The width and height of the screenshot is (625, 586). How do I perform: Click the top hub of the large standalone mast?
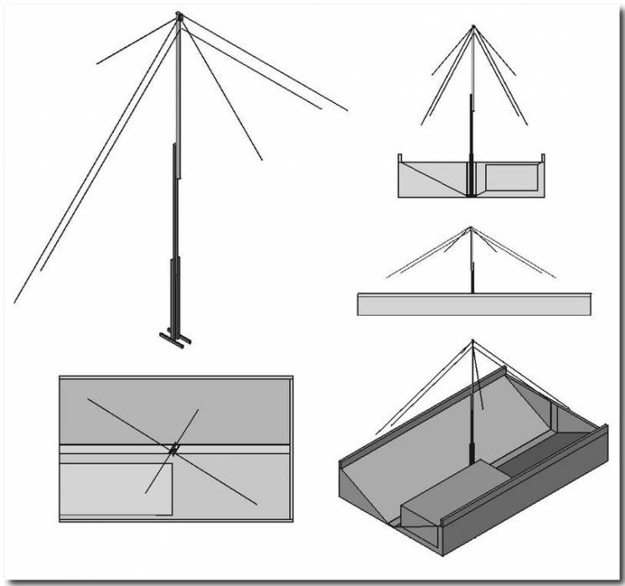click(178, 16)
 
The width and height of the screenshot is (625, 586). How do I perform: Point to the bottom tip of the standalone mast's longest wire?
click(15, 301)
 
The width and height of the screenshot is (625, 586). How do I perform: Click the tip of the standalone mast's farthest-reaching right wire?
click(346, 110)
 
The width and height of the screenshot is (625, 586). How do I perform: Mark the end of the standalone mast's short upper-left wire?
click(98, 64)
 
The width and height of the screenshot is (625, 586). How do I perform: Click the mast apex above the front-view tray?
click(473, 26)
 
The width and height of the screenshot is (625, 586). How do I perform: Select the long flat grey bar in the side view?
click(473, 304)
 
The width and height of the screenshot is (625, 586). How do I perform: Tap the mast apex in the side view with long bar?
click(472, 228)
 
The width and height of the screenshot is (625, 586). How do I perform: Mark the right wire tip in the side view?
click(555, 277)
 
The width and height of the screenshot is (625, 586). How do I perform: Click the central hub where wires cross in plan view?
click(173, 450)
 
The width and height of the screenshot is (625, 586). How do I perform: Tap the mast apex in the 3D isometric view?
click(473, 341)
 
